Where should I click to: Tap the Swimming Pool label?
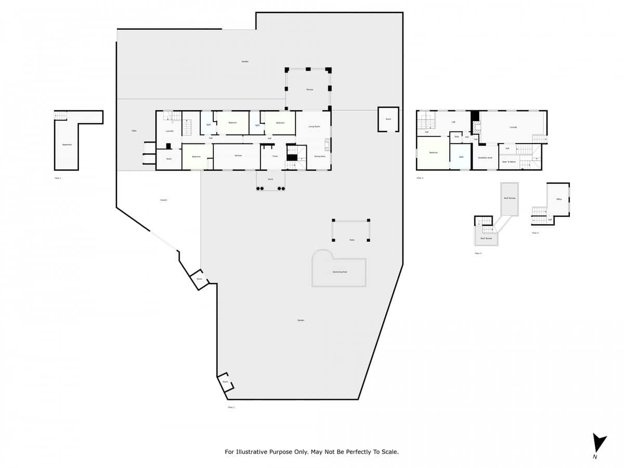[x=340, y=272]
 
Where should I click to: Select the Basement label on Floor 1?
[x=67, y=145]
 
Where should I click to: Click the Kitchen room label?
[x=238, y=156]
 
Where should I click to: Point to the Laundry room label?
[x=170, y=131]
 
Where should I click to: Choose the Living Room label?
[x=314, y=126]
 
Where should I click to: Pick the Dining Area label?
[x=319, y=156]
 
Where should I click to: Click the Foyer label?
[x=275, y=156]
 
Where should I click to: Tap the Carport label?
[x=163, y=200]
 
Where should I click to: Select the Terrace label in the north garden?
[x=309, y=90]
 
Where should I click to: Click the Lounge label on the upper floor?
[x=513, y=127]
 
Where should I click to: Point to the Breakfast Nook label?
[x=485, y=158]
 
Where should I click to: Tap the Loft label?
[x=453, y=122]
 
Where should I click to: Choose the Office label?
[x=558, y=199]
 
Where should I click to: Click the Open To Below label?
[x=509, y=162]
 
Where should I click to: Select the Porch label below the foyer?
[x=270, y=179]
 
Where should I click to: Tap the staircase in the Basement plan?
[x=61, y=116]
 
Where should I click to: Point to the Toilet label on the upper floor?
[x=457, y=137]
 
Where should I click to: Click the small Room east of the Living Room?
[x=388, y=119]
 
